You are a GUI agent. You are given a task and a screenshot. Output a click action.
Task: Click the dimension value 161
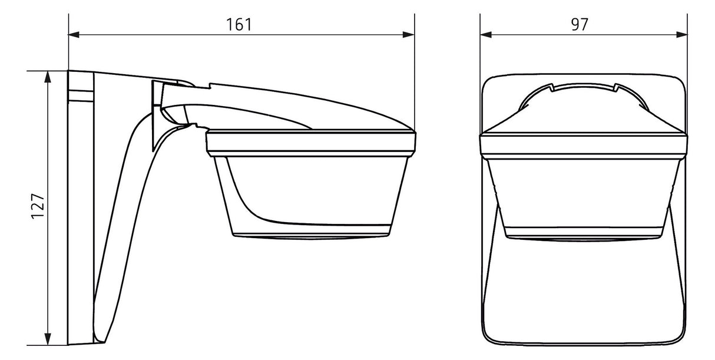tap(239, 25)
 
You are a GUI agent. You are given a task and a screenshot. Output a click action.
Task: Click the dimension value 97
tap(580, 25)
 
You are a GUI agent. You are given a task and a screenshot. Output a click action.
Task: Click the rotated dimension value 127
tap(38, 206)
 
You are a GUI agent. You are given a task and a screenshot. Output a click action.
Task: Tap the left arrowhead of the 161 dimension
tap(74, 35)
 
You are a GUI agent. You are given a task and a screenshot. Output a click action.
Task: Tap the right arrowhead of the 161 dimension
tap(409, 35)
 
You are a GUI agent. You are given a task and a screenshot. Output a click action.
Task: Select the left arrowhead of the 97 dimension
tap(486, 35)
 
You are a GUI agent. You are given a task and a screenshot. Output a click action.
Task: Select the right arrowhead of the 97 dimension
tap(682, 35)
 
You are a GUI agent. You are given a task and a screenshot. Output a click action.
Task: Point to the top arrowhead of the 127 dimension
tap(48, 77)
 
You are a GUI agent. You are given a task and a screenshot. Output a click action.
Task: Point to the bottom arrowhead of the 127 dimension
tap(48, 339)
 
